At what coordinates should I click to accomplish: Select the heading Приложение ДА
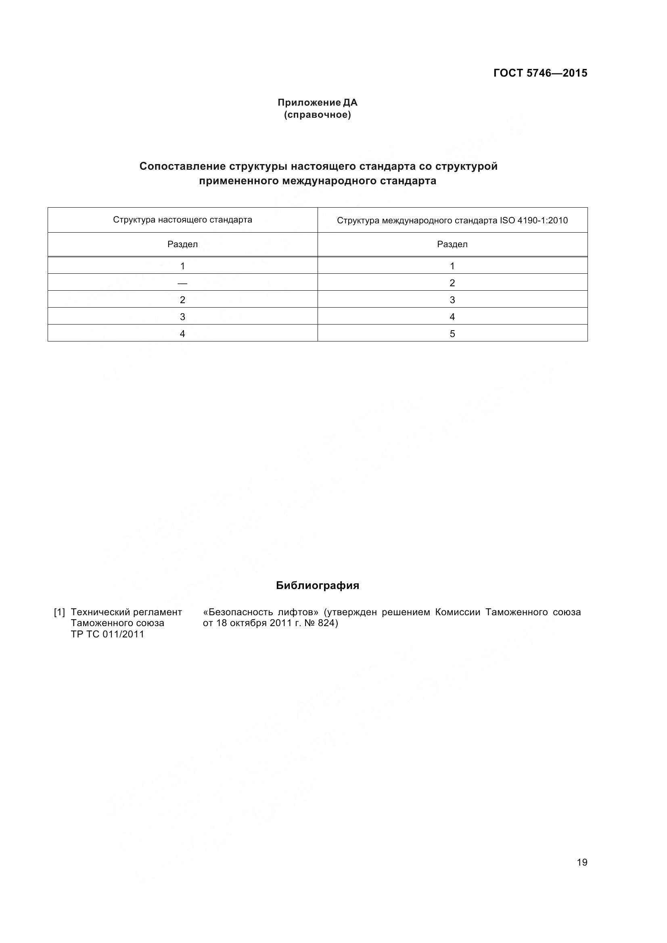pyautogui.click(x=317, y=102)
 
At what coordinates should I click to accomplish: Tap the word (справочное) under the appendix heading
pyautogui.click(x=317, y=114)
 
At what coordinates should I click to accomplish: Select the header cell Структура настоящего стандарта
pyautogui.click(x=182, y=220)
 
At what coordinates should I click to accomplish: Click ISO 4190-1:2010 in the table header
pyautogui.click(x=533, y=221)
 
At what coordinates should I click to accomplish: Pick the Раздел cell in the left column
pyautogui.click(x=182, y=244)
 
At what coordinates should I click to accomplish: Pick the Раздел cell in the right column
pyautogui.click(x=452, y=244)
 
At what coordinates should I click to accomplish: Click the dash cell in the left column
pyautogui.click(x=182, y=283)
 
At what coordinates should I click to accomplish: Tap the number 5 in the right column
pyautogui.click(x=452, y=333)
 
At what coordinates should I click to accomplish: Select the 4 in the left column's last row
pyautogui.click(x=182, y=333)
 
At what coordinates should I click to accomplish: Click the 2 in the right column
pyautogui.click(x=452, y=283)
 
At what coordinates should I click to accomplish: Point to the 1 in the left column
pyautogui.click(x=182, y=266)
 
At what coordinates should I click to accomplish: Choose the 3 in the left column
pyautogui.click(x=182, y=316)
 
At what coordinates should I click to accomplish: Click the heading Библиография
pyautogui.click(x=317, y=585)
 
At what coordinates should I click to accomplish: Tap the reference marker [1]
pyautogui.click(x=60, y=612)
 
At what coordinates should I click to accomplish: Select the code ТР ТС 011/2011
pyautogui.click(x=108, y=634)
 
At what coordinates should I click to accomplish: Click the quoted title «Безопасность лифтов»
pyautogui.click(x=261, y=612)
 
